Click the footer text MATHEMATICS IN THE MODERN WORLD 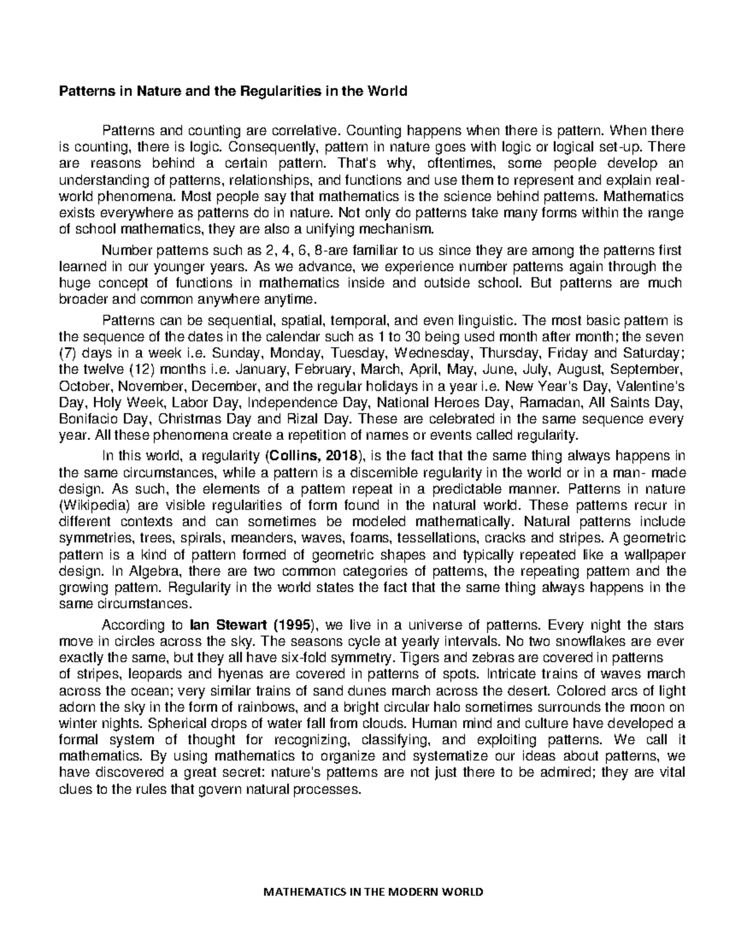point(374,892)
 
